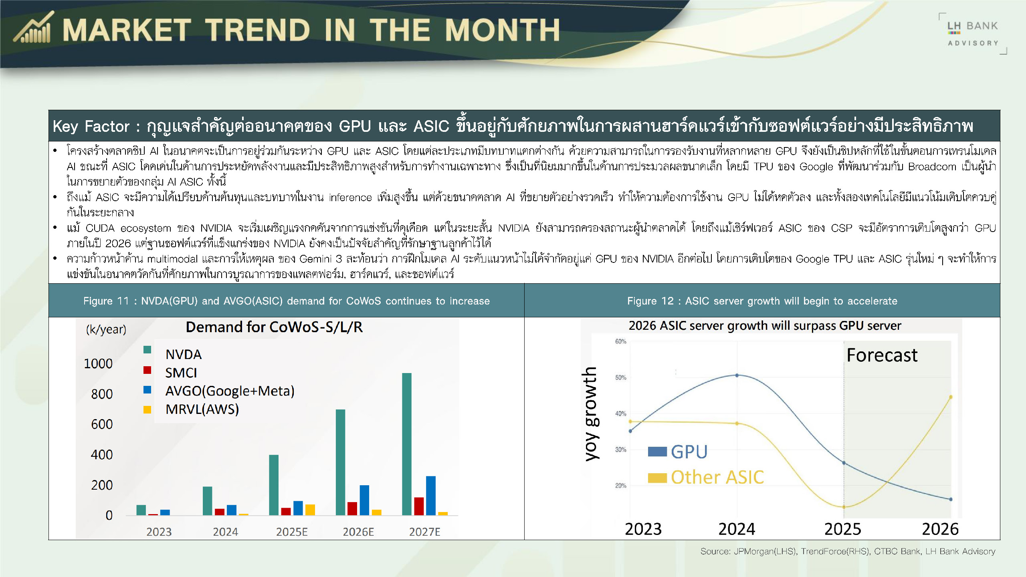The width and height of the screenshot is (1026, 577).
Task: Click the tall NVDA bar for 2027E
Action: (x=407, y=444)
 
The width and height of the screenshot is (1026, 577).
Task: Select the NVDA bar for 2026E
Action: (x=340, y=462)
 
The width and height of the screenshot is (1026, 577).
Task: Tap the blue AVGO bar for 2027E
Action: (x=431, y=496)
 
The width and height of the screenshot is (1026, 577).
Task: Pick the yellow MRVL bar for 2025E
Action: (x=310, y=510)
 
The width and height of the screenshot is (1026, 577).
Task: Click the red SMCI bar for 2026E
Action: (x=352, y=508)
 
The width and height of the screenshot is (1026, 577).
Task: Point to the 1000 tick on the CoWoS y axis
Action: (x=98, y=363)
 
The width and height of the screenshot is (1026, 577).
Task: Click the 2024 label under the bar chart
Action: (x=225, y=532)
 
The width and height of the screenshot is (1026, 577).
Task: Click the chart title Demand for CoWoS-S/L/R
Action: (x=274, y=327)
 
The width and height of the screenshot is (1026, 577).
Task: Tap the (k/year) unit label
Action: (x=106, y=329)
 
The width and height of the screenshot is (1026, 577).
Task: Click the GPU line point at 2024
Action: (x=737, y=375)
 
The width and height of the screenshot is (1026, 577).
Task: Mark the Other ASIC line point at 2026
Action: (x=951, y=397)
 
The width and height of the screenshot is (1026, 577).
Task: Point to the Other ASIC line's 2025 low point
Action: (x=844, y=507)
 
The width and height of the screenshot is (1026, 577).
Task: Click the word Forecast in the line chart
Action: (x=882, y=355)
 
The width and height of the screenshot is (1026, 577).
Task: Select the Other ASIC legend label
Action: (x=717, y=477)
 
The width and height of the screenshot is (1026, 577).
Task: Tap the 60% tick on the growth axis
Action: (x=620, y=341)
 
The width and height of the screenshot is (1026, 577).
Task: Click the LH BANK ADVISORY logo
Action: (x=973, y=34)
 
